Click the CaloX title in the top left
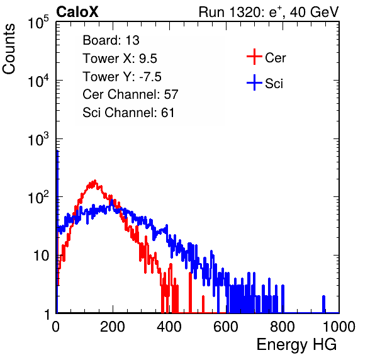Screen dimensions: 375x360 click(x=77, y=12)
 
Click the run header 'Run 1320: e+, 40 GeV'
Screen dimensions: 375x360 click(x=269, y=12)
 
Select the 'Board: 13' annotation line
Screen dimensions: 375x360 click(x=111, y=40)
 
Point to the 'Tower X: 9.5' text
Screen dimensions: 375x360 click(x=120, y=59)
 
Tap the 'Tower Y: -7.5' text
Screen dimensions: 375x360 click(x=122, y=77)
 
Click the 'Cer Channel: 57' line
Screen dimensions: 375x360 click(x=130, y=94)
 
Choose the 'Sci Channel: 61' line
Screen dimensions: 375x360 click(x=128, y=113)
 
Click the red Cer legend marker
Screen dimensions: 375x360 click(x=254, y=57)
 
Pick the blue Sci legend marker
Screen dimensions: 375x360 click(x=254, y=82)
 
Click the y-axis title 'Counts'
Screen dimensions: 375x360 click(x=9, y=49)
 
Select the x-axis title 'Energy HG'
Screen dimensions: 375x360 click(x=296, y=345)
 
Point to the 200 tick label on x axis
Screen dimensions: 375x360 click(x=113, y=327)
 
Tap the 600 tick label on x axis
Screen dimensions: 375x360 click(x=225, y=327)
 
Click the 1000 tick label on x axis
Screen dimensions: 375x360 click(x=339, y=327)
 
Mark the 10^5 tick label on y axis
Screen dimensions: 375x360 click(x=38, y=23)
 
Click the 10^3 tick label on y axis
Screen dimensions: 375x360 click(x=38, y=139)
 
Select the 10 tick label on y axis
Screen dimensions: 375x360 click(x=41, y=256)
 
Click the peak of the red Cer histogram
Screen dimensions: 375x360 click(x=95, y=181)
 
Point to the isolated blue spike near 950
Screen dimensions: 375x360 click(x=323, y=304)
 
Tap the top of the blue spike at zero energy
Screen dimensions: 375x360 click(x=57, y=151)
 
